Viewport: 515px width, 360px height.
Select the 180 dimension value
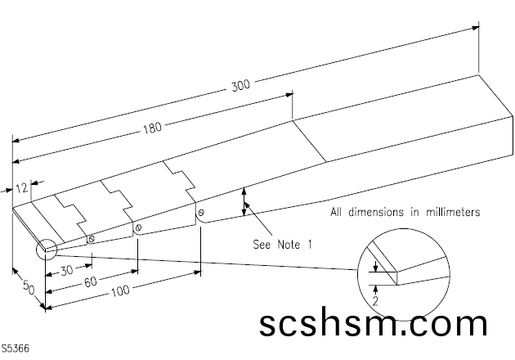pos(152,127)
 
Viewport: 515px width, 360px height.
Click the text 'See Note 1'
pos(282,244)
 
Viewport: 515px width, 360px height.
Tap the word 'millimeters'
pos(450,212)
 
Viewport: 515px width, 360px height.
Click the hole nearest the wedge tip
pos(92,240)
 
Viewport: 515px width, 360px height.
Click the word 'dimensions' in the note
pos(375,212)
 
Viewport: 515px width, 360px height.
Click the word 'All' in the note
pos(338,212)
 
